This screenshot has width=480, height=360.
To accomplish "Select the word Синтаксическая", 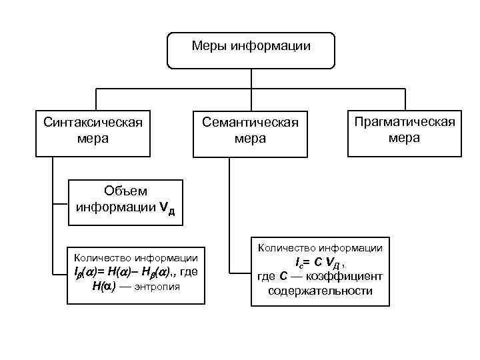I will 93,123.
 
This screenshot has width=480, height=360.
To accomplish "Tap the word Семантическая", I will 250,123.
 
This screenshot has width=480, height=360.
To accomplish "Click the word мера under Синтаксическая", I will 93,139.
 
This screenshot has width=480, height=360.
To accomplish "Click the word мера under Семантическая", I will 250,139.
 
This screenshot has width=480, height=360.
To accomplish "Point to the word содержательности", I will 320,291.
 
